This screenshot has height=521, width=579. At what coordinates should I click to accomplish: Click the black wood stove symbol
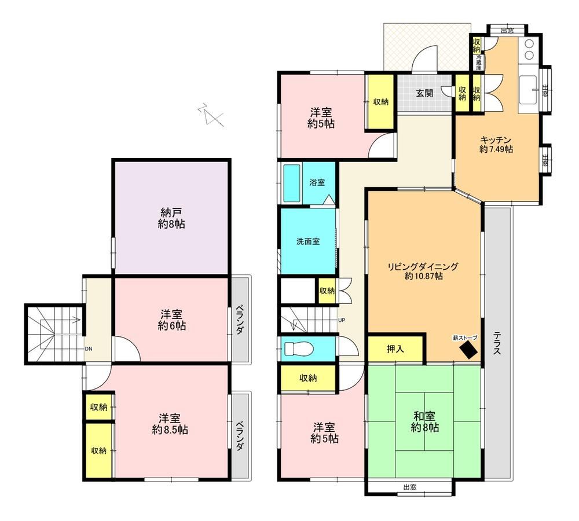pyautogui.click(x=468, y=349)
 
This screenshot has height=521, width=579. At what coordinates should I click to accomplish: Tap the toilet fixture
pyautogui.click(x=298, y=348)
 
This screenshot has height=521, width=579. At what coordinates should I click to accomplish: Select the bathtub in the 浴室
pyautogui.click(x=292, y=184)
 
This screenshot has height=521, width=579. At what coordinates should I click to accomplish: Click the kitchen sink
pyautogui.click(x=529, y=90)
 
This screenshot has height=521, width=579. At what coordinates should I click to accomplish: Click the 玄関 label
pyautogui.click(x=424, y=93)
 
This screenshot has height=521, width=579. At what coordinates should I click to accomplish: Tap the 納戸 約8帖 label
pyautogui.click(x=171, y=218)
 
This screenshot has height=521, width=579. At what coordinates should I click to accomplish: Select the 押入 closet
pyautogui.click(x=395, y=348)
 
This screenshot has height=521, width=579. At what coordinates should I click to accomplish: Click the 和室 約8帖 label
pyautogui.click(x=424, y=422)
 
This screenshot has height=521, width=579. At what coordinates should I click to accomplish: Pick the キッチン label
pyautogui.click(x=496, y=140)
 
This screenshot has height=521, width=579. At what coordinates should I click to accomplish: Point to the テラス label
pyautogui.click(x=497, y=343)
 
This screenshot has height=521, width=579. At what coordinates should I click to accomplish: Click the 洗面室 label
pyautogui.click(x=308, y=241)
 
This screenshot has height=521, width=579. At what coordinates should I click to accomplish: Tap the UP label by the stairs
pyautogui.click(x=342, y=320)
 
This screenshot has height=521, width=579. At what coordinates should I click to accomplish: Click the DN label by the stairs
pyautogui.click(x=89, y=348)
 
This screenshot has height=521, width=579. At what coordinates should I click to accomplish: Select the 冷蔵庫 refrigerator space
pyautogui.click(x=479, y=63)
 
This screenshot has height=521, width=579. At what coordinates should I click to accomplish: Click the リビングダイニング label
pyautogui.click(x=423, y=266)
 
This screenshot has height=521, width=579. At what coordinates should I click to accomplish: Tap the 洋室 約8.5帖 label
pyautogui.click(x=170, y=424)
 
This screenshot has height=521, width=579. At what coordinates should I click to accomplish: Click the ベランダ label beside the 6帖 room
pyautogui.click(x=240, y=320)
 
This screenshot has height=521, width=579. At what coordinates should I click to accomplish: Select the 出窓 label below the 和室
pyautogui.click(x=410, y=487)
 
